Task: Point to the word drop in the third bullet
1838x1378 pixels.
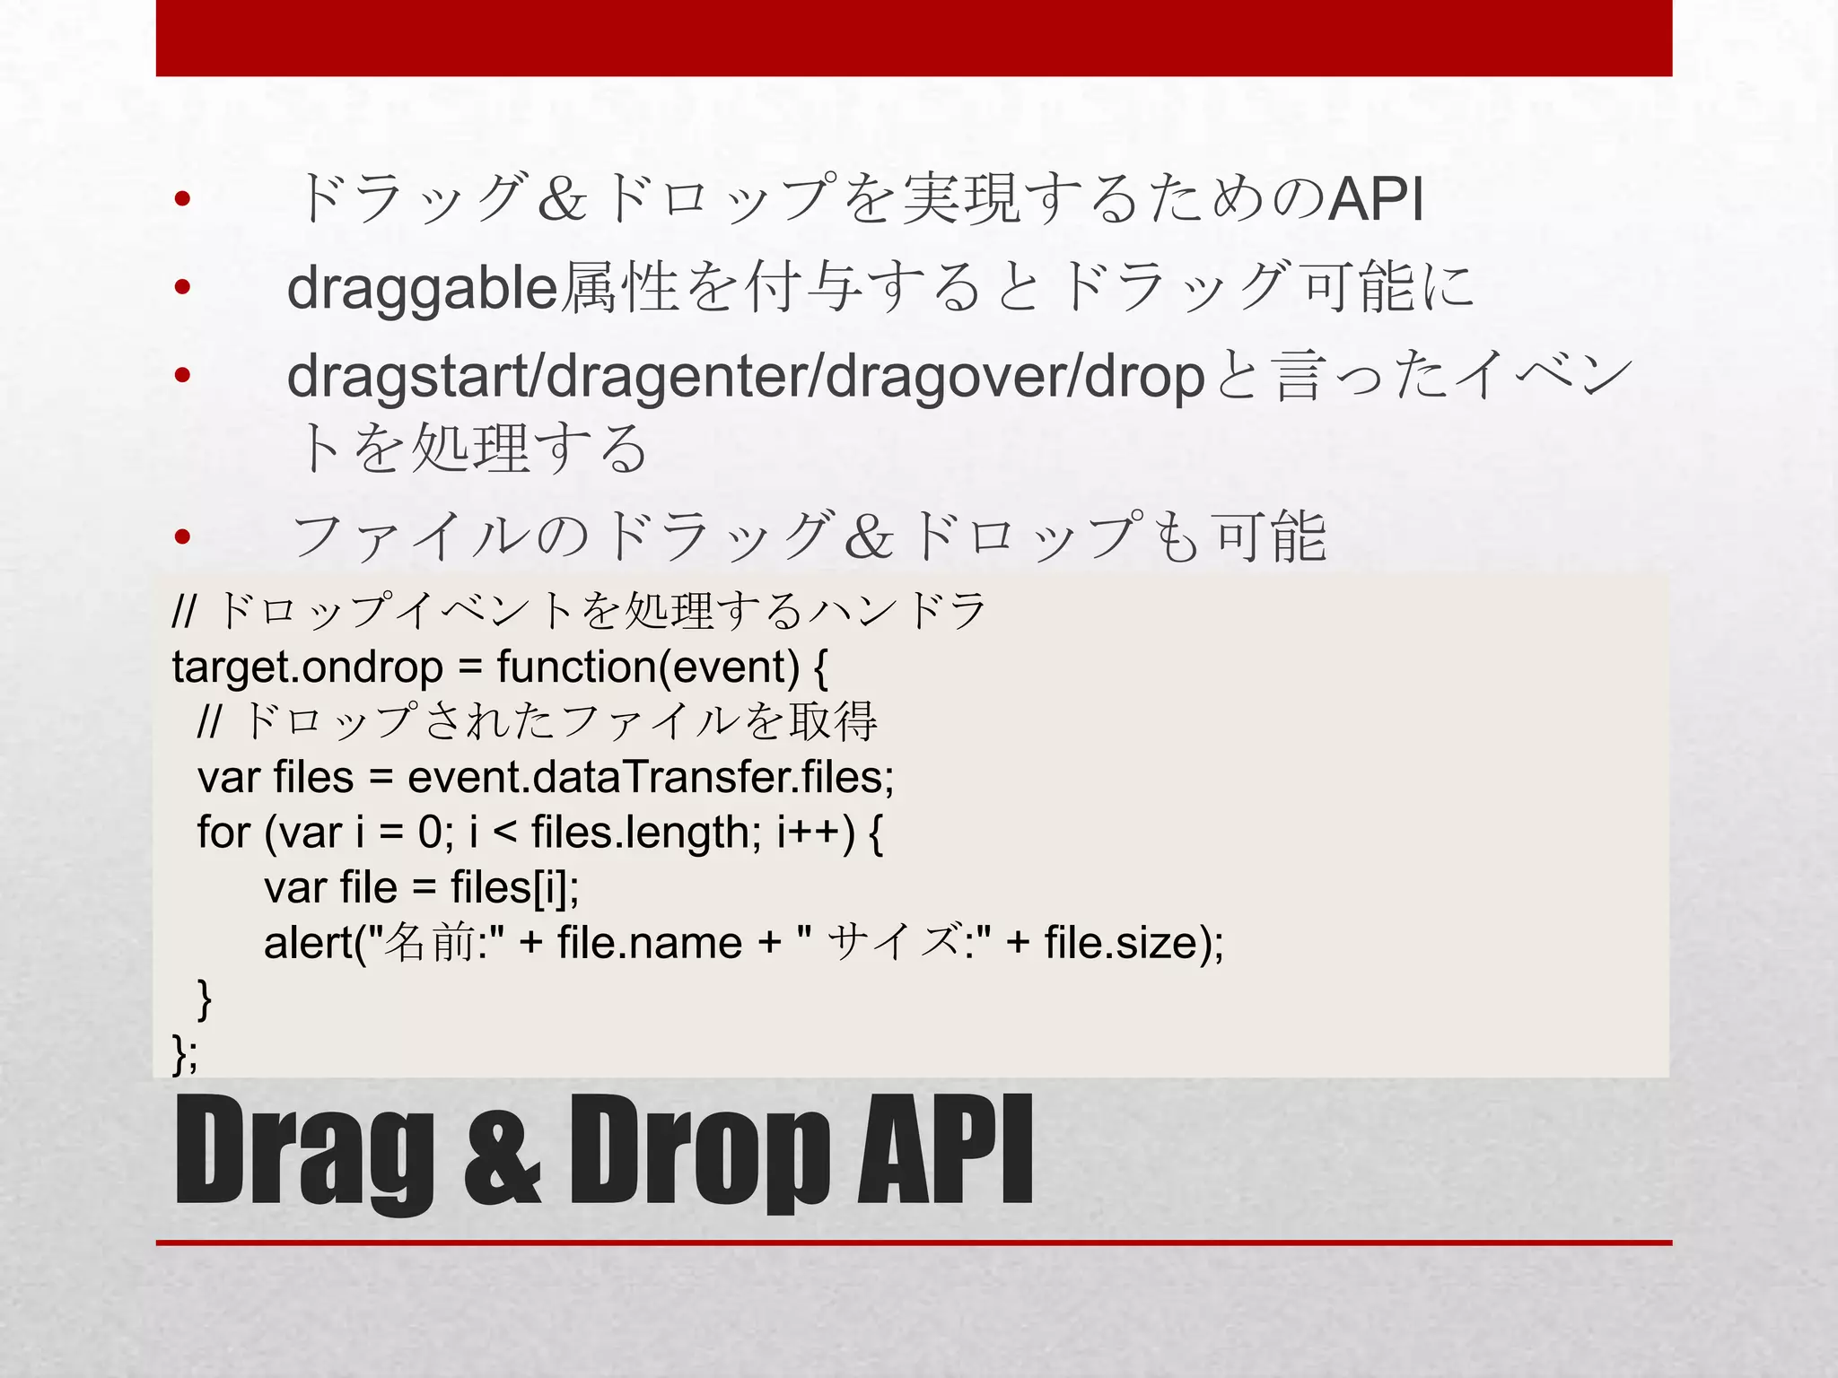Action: [1143, 377]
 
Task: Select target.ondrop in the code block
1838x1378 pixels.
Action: [307, 667]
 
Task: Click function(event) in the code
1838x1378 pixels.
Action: [647, 667]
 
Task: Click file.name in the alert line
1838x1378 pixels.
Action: [649, 943]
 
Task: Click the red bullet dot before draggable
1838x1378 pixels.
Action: [183, 288]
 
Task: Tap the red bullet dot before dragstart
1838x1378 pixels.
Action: [183, 376]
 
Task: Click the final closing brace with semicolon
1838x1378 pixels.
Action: [184, 1053]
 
